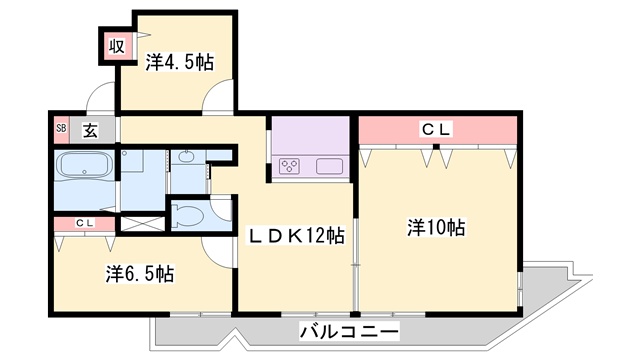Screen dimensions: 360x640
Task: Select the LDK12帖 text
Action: pos(297,236)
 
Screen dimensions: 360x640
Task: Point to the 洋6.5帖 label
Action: pos(140,272)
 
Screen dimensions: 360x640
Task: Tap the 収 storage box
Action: pos(116,44)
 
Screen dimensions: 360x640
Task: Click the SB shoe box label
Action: pos(60,128)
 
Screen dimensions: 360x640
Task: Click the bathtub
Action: pos(84,167)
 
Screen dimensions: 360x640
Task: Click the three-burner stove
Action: pos(292,166)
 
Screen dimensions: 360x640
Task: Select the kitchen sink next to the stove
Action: pos(330,166)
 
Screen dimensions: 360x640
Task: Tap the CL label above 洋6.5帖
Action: pos(83,222)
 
